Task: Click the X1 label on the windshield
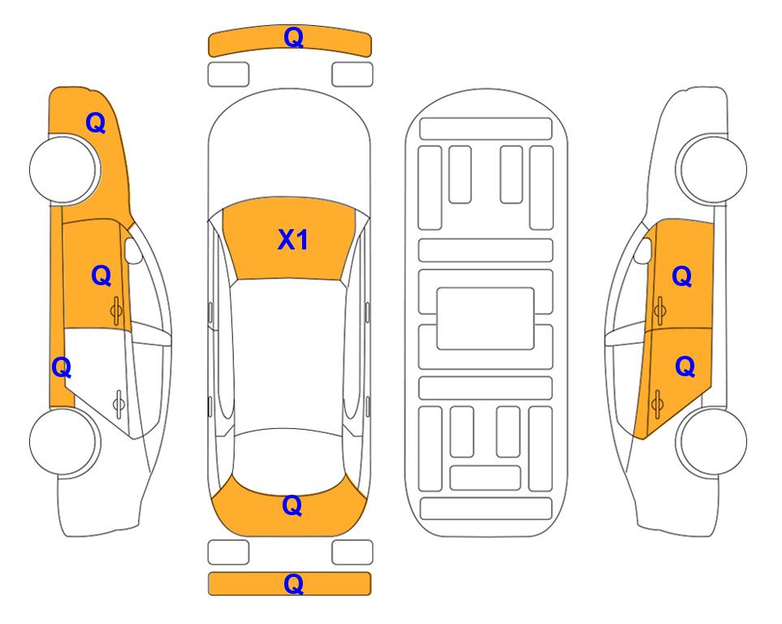(x=293, y=240)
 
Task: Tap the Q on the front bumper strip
(x=294, y=37)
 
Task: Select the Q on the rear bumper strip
(x=294, y=583)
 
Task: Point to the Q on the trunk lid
(x=292, y=505)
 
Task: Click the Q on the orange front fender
(x=96, y=123)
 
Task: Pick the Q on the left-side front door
(x=102, y=275)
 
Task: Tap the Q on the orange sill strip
(x=62, y=368)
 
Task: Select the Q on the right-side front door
(x=682, y=276)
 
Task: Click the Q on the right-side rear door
(x=685, y=367)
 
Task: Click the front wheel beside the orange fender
(x=64, y=169)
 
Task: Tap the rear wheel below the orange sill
(x=64, y=441)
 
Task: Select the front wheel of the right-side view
(x=711, y=169)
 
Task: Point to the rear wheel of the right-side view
(x=711, y=441)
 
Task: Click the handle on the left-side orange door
(x=117, y=311)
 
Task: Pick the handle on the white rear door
(x=119, y=403)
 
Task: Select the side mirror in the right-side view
(x=643, y=250)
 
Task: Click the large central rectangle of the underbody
(x=486, y=318)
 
